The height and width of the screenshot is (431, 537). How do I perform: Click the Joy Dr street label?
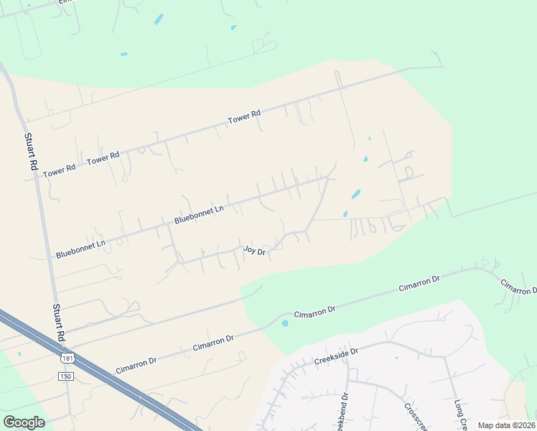tap(254, 251)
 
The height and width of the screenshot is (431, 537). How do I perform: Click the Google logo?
tap(24, 422)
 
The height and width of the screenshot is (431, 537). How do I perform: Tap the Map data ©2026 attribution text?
tap(506, 425)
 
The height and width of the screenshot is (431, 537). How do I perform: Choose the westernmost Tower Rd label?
tap(60, 171)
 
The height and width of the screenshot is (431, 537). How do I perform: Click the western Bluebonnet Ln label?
tap(80, 249)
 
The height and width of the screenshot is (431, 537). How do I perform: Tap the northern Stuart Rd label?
tap(31, 152)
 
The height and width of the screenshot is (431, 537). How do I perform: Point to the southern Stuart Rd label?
tap(59, 323)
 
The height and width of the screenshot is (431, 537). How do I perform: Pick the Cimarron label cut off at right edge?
tap(519, 286)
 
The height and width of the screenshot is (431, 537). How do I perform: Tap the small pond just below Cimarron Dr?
tap(285, 323)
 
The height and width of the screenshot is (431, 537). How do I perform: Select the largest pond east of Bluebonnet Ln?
tap(355, 194)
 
